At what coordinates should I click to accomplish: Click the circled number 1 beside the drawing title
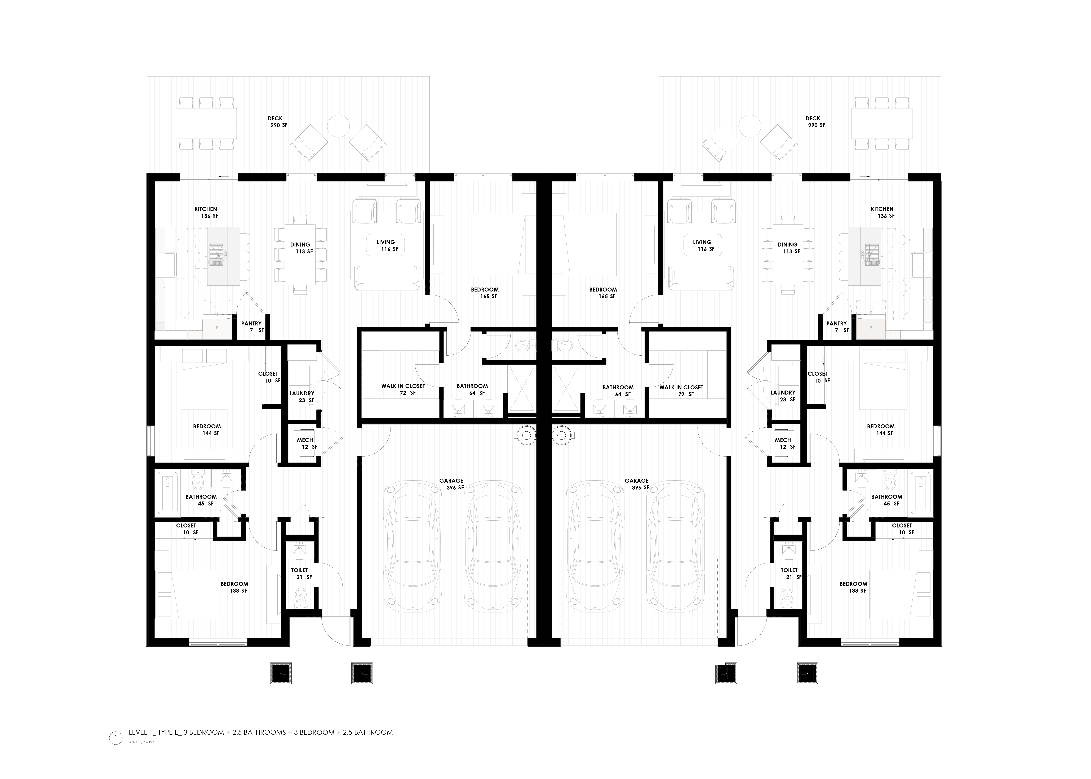[116, 738]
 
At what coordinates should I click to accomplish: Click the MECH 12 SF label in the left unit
[306, 443]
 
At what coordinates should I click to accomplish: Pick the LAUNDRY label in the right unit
[783, 392]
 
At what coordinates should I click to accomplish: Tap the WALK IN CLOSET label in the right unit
[681, 387]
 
